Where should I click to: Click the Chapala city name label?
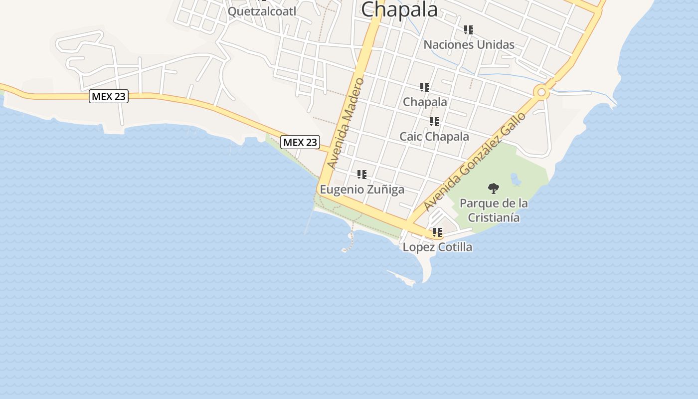click(399, 9)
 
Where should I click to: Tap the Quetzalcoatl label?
click(262, 11)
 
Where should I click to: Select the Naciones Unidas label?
click(469, 45)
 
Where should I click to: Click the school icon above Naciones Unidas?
click(469, 30)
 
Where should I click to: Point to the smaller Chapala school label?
click(425, 102)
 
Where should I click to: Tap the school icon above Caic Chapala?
click(434, 122)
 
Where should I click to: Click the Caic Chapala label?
click(434, 137)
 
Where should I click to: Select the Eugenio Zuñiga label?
click(362, 190)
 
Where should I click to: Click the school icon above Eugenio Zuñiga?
click(362, 175)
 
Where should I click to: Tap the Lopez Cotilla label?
click(437, 247)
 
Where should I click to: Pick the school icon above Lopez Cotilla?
click(437, 232)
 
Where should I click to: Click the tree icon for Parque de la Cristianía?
click(494, 189)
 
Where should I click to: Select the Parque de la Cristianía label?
click(494, 210)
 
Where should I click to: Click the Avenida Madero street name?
click(346, 123)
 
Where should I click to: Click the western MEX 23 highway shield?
click(109, 96)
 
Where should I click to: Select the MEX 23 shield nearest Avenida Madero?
click(300, 142)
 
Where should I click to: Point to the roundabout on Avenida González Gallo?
click(541, 92)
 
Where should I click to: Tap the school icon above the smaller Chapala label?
click(425, 87)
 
